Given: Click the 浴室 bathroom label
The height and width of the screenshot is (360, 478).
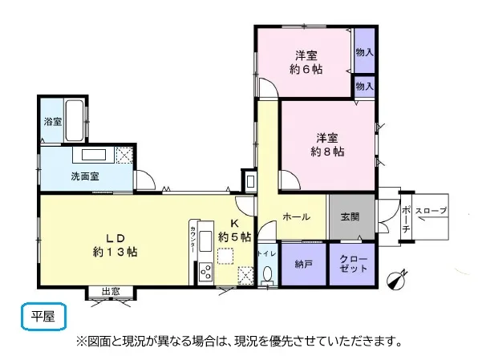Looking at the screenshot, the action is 53,122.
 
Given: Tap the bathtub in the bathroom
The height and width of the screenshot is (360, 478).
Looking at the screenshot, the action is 74,120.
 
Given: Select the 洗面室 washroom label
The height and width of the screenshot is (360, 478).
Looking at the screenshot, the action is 85,176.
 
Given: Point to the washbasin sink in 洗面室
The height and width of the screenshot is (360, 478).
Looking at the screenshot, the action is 94,155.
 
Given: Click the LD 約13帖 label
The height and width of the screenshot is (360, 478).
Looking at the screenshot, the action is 115,245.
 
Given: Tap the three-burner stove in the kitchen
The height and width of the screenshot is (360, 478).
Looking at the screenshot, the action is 205,272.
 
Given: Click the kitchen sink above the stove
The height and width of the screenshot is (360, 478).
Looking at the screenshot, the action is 205,241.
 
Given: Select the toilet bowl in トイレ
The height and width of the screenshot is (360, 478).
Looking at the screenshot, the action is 267,273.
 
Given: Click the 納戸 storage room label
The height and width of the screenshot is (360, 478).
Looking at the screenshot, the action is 303,265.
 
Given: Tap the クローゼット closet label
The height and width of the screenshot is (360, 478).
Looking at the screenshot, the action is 354,264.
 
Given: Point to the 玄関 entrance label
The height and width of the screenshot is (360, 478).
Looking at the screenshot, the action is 350,217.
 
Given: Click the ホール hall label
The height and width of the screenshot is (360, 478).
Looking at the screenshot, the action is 297,217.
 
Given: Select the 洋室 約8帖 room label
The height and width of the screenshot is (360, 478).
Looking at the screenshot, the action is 327,145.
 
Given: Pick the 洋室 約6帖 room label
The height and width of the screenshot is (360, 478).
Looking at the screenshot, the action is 306,63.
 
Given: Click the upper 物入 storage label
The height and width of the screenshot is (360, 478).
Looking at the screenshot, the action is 365,52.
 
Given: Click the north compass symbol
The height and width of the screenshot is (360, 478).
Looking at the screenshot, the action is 396,280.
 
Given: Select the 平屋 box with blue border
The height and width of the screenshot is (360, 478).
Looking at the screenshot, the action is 43,317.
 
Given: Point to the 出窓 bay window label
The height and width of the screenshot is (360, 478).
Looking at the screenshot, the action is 111,292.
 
